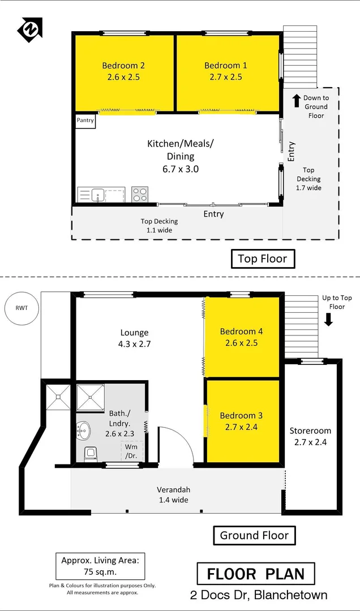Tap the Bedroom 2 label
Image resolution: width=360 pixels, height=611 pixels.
[x=123, y=66]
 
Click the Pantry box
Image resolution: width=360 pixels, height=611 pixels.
[x=85, y=121]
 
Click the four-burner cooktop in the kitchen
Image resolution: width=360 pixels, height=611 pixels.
[x=139, y=195]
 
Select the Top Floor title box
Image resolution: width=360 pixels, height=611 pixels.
[x=263, y=259]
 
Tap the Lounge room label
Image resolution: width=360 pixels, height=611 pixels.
[x=134, y=333]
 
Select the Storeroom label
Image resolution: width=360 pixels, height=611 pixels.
[x=310, y=431]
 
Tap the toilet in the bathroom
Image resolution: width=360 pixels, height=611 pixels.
[x=89, y=454]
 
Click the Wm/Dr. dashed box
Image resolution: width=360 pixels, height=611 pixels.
[x=131, y=451]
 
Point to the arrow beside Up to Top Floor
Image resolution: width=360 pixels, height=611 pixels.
[x=329, y=320]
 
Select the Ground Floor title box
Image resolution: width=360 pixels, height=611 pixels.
[x=255, y=535]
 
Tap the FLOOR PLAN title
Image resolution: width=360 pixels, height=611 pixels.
[x=255, y=574]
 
